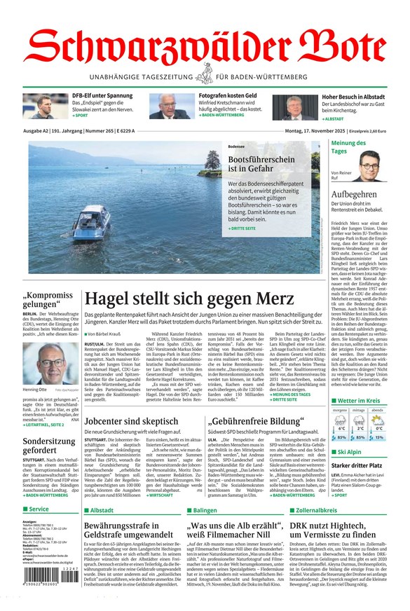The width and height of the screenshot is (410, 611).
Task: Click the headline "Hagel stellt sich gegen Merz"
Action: [189, 298]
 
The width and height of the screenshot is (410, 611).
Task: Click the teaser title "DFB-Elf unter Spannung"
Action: [102, 95]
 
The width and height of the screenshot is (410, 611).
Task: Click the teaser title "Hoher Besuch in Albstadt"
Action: [343, 97]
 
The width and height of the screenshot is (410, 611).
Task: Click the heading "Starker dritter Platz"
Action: [356, 465]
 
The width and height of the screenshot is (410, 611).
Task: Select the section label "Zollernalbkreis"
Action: [319, 511]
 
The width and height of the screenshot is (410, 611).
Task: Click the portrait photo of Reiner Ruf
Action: [369, 167]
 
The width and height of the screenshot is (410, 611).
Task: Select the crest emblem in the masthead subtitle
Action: [205, 76]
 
